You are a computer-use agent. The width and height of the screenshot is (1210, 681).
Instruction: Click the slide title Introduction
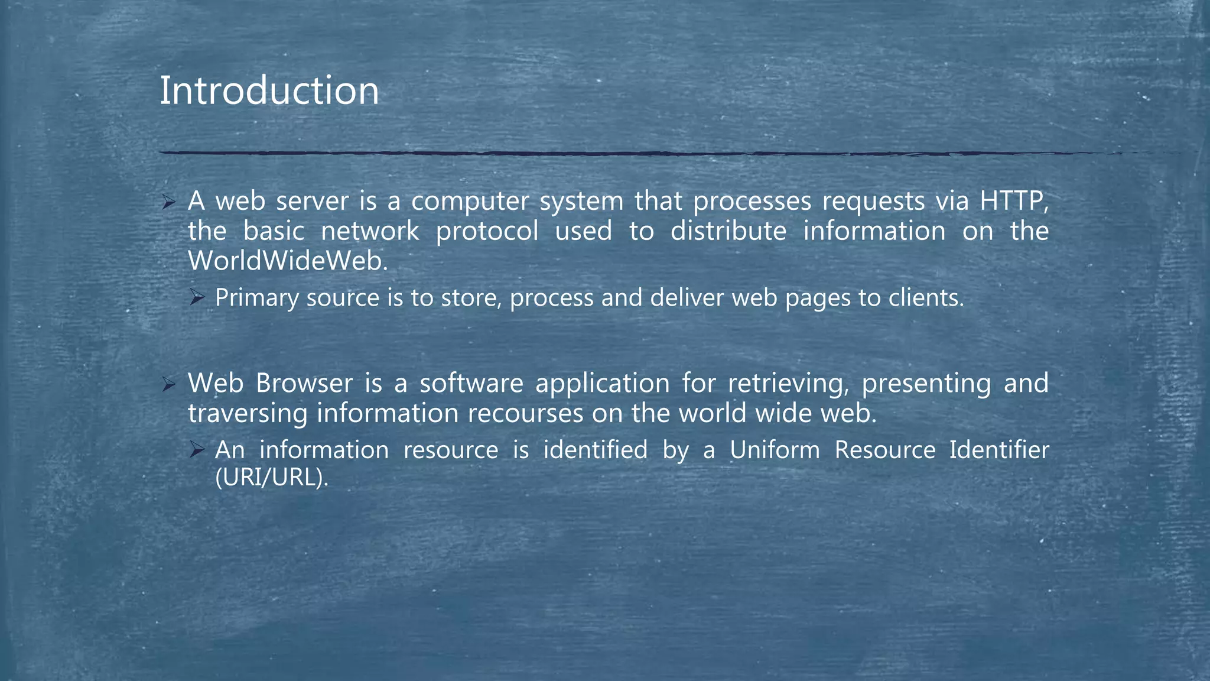click(x=269, y=91)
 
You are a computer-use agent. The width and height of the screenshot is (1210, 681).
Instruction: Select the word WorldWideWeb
click(x=288, y=261)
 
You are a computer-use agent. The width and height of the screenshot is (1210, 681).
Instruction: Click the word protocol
click(x=487, y=231)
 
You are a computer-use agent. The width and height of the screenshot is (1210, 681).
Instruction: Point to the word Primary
click(x=256, y=298)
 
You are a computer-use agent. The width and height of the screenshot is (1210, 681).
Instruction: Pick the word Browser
click(x=304, y=384)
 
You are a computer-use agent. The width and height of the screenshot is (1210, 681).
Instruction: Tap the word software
click(x=471, y=384)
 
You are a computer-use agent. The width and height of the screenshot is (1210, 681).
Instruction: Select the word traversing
click(x=248, y=413)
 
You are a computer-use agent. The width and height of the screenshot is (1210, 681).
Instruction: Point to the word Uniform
click(x=775, y=450)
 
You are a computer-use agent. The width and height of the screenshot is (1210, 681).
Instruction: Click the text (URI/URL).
click(x=271, y=478)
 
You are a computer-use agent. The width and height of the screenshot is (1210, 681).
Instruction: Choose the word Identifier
click(x=999, y=450)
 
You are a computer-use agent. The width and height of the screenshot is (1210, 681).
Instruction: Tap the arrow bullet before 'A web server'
click(x=168, y=203)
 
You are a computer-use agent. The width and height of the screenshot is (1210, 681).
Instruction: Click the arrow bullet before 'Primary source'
click(x=197, y=298)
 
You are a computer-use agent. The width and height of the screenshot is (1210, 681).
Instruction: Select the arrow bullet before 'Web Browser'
click(x=168, y=385)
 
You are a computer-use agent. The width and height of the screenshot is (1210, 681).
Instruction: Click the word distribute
click(x=728, y=231)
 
